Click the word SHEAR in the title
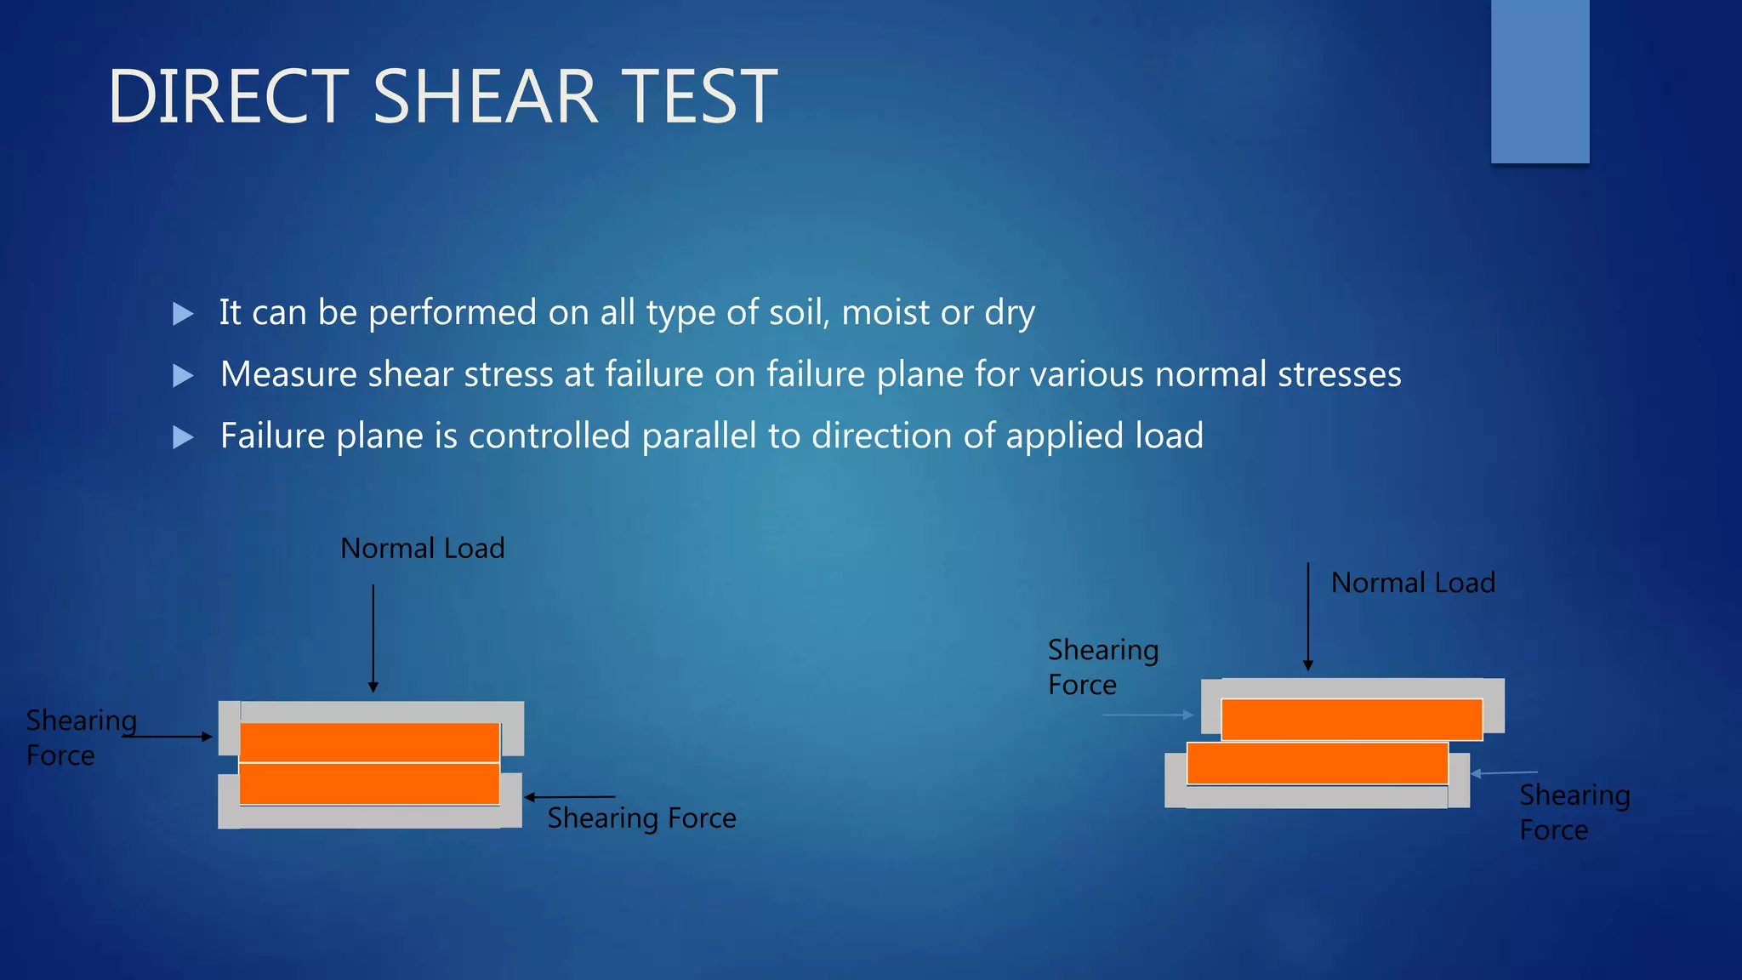coord(486,97)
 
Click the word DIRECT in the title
coord(228,97)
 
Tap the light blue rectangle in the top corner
coord(1540,81)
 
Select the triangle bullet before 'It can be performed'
coord(182,314)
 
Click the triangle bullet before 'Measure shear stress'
coord(182,375)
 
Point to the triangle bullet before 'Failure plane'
coord(182,437)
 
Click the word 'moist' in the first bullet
coord(885,313)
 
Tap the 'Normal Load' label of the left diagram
coord(422,549)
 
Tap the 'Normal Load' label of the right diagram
coord(1413,584)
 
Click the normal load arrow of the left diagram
coord(373,638)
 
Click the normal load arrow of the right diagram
coord(1308,617)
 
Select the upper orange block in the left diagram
coord(369,743)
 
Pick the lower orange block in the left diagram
coord(369,783)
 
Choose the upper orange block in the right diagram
coord(1352,719)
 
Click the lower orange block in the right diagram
coord(1317,763)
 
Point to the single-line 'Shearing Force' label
coord(641,818)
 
